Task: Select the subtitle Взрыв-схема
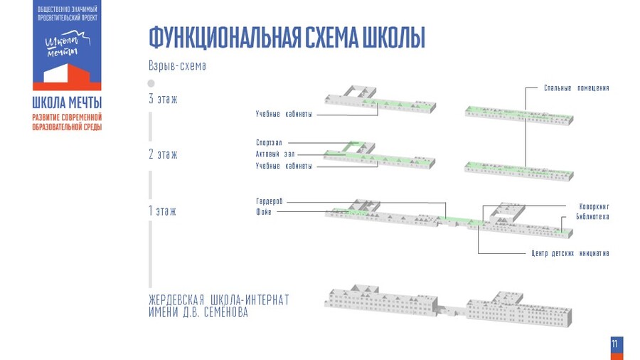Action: (x=177, y=66)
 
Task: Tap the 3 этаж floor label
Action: (x=163, y=99)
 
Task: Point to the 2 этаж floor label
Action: (x=163, y=154)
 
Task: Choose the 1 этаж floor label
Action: (x=162, y=211)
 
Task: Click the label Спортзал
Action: (x=270, y=143)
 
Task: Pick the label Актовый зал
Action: (x=275, y=154)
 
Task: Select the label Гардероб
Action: (x=270, y=202)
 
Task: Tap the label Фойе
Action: (x=264, y=212)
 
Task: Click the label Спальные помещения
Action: (x=576, y=88)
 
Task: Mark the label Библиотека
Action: (x=592, y=216)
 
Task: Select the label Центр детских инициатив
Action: (x=570, y=253)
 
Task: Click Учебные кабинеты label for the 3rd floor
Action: (x=284, y=114)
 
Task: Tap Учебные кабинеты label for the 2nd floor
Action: (x=284, y=166)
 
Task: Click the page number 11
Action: (x=615, y=344)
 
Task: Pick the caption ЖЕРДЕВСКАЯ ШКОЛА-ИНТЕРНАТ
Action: (x=219, y=300)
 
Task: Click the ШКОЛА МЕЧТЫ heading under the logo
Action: (x=67, y=102)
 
